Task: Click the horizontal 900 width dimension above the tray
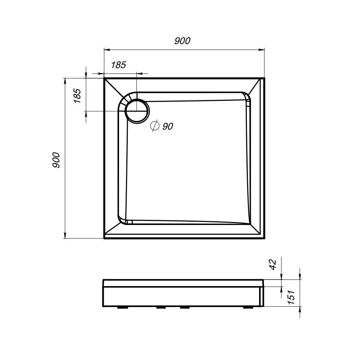182,41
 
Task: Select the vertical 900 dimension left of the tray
56,159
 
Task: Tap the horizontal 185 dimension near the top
118,65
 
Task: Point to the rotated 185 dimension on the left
77,96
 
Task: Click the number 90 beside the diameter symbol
167,126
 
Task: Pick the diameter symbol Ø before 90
154,126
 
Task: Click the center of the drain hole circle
136,111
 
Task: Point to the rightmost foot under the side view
249,308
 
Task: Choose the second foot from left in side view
161,308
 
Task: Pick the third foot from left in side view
185,308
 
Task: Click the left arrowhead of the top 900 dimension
107,50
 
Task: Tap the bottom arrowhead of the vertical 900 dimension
65,236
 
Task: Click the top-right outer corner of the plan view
264,78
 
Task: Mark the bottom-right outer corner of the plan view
264,238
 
